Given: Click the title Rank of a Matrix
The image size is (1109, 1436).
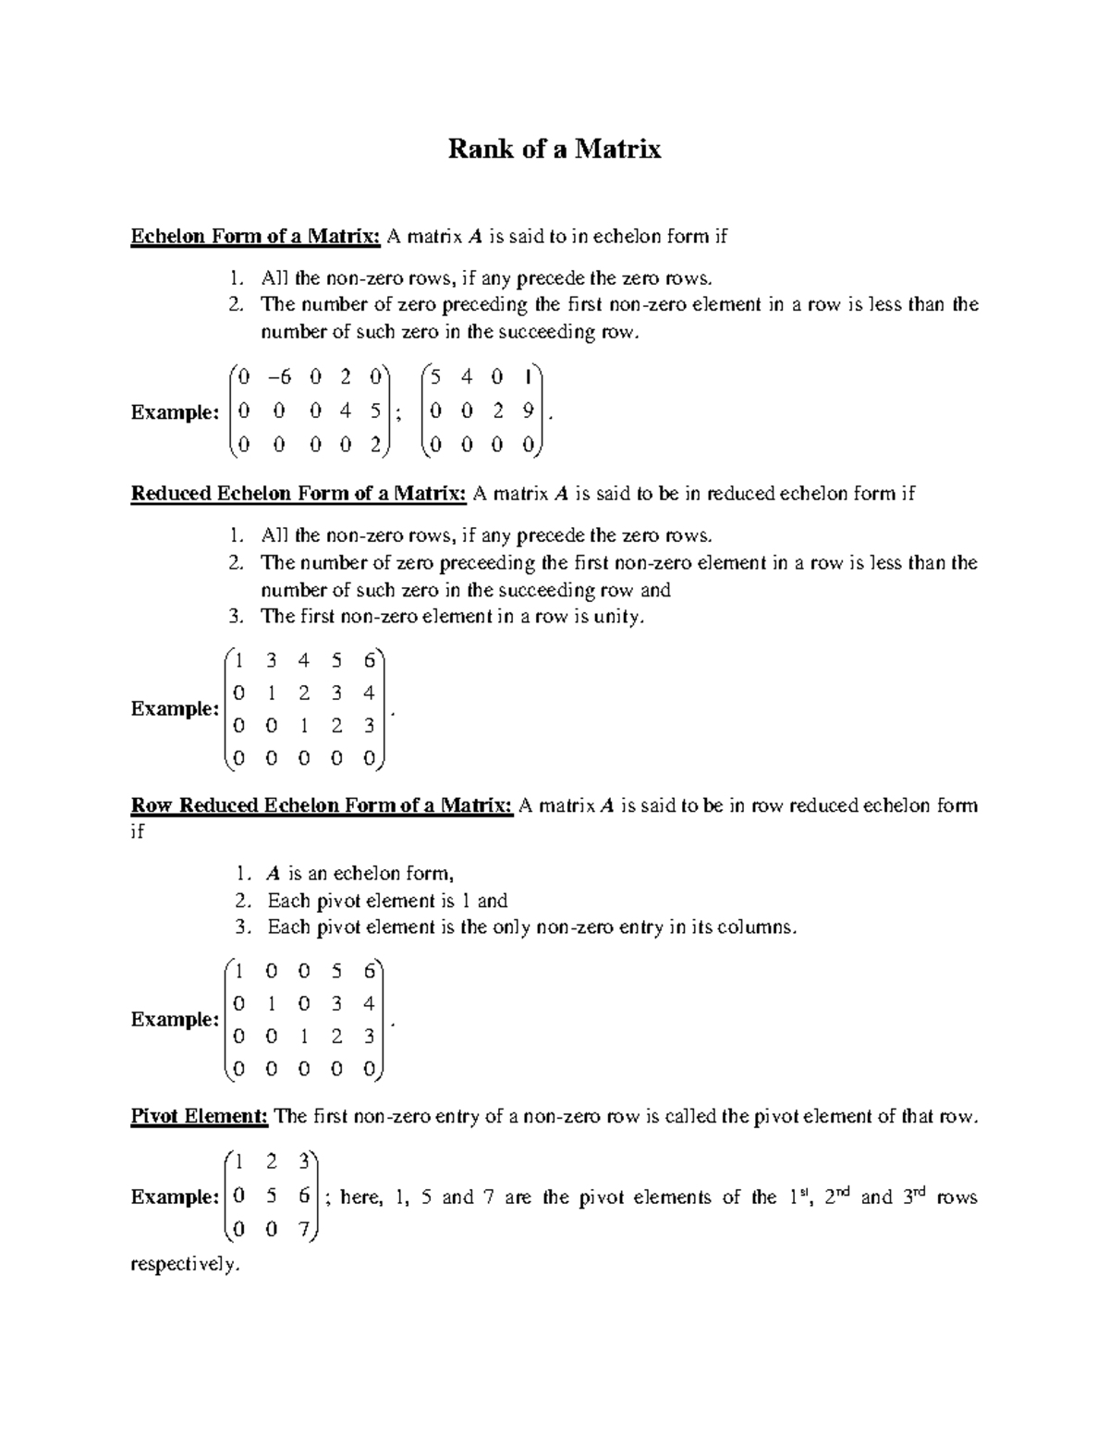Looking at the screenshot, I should [554, 149].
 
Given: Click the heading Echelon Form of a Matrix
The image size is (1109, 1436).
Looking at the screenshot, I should [255, 237].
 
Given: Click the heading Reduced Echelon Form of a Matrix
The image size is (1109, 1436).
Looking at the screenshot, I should [298, 494].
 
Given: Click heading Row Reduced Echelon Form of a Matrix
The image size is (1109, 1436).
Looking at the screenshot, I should [321, 805].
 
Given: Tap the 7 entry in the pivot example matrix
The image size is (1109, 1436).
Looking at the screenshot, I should [304, 1230].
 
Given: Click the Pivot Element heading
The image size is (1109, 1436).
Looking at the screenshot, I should [199, 1117].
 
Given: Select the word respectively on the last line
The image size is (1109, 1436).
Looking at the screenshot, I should [185, 1265].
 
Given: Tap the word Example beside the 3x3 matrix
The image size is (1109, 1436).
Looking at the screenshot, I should [173, 1197].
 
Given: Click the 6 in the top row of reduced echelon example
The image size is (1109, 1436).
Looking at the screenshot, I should [369, 660].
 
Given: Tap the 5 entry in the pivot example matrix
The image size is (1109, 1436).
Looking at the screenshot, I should [271, 1196].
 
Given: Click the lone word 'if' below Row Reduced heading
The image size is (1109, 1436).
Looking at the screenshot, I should [138, 831].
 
